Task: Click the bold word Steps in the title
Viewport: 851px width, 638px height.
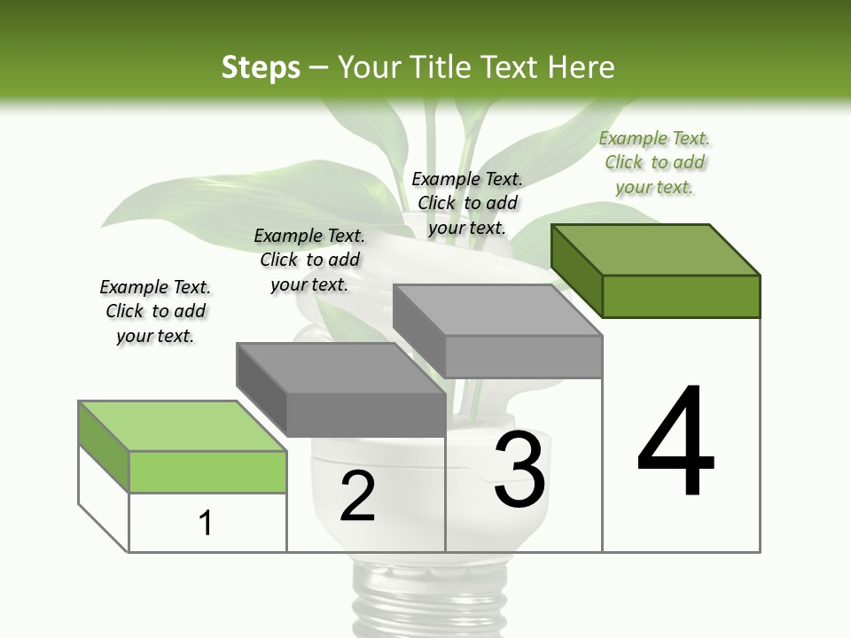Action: pos(261,67)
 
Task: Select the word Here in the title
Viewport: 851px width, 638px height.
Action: pos(582,67)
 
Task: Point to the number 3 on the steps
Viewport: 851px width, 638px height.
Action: pos(519,470)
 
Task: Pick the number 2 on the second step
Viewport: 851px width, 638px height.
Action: pos(357,497)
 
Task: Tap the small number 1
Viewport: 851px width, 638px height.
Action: pos(206,523)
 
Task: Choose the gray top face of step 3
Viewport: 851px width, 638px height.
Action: pos(497,310)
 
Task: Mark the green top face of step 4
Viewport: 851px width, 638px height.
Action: pos(656,249)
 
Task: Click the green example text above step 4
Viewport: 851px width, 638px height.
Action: pos(654,163)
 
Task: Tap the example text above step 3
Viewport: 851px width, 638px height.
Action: pos(467,203)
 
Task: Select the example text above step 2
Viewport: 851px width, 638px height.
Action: pos(309,260)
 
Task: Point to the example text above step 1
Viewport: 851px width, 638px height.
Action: pos(155,311)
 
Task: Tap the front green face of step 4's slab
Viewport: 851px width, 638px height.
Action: pos(681,296)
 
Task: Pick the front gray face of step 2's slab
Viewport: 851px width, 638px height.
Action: pos(365,415)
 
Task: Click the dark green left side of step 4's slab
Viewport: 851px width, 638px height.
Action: pos(576,270)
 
